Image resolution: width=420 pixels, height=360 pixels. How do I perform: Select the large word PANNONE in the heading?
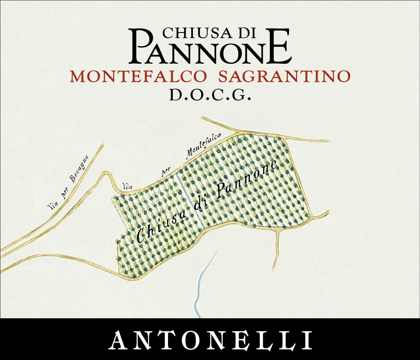click(210, 47)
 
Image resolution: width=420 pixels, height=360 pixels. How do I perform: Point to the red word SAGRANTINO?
click(284, 77)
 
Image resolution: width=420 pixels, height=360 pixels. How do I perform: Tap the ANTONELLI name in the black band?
click(210, 339)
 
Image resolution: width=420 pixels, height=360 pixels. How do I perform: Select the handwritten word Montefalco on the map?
click(204, 146)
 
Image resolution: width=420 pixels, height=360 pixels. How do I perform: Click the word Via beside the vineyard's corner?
click(127, 186)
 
